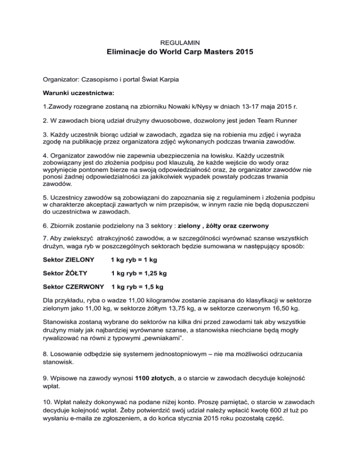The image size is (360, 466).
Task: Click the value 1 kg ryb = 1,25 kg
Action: tap(139, 272)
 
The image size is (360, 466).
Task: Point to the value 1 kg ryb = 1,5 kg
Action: tap(137, 286)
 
